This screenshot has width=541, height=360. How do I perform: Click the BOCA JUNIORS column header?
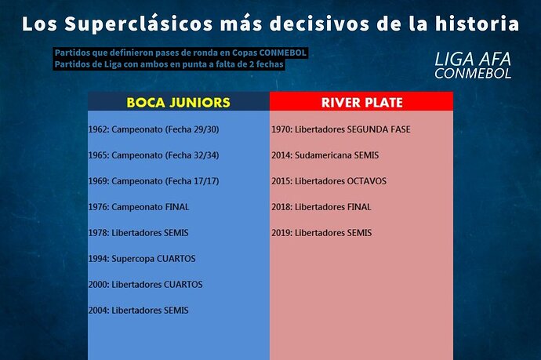(179, 103)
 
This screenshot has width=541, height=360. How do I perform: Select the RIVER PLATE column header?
(362, 103)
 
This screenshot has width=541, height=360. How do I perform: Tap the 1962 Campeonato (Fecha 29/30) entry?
(154, 129)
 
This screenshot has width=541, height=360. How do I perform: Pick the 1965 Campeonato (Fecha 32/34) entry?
(154, 155)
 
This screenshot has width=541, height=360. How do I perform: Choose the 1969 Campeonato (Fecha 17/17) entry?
(154, 181)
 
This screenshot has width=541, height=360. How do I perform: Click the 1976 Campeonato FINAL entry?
(139, 207)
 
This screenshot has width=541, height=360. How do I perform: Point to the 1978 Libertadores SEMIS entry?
(138, 233)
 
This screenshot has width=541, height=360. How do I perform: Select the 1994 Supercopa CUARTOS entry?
(142, 259)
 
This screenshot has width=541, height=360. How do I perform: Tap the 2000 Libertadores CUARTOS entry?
(145, 285)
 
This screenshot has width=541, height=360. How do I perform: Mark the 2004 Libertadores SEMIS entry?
(138, 311)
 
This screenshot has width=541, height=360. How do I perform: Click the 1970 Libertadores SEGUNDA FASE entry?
(341, 129)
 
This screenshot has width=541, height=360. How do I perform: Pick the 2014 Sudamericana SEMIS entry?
(325, 155)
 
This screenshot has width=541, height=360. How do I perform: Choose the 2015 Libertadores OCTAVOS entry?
(329, 181)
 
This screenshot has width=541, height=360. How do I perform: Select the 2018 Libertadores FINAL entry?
(321, 207)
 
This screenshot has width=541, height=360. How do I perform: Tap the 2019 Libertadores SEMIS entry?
(321, 233)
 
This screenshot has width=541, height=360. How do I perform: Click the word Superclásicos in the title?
(138, 24)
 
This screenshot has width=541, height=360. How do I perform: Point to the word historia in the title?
(477, 24)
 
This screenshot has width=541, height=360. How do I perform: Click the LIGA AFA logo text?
(473, 59)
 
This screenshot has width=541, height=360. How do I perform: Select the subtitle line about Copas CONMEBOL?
(180, 53)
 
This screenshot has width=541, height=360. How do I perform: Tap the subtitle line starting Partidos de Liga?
(169, 64)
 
